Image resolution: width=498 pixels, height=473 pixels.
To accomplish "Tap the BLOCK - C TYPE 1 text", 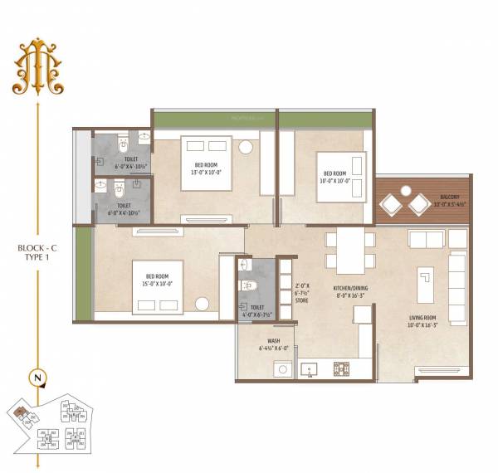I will (37, 252).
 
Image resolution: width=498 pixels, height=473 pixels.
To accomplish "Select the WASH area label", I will (273, 340).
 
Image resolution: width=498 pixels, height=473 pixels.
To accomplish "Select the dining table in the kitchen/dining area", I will (349, 249).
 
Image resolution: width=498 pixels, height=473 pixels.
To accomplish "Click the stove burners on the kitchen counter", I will (340, 368).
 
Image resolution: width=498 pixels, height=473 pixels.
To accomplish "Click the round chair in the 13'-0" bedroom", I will (246, 148).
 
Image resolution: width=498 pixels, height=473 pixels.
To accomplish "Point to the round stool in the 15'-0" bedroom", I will (201, 305).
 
